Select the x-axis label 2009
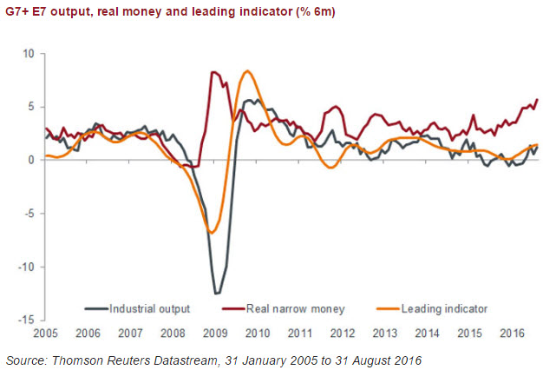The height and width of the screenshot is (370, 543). pyautogui.click(x=213, y=333)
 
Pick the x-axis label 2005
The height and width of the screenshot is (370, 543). pyautogui.click(x=45, y=333)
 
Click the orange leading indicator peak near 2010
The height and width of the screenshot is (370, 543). pyautogui.click(x=248, y=71)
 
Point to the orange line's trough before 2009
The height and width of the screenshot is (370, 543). pyautogui.click(x=211, y=232)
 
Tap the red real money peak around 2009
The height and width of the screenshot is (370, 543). pyautogui.click(x=214, y=72)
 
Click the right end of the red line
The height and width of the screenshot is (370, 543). pyautogui.click(x=538, y=99)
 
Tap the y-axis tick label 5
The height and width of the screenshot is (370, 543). pyautogui.click(x=29, y=107)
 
